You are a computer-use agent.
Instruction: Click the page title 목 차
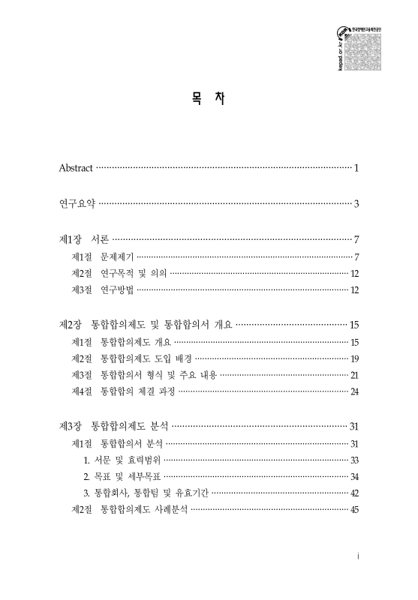(209, 98)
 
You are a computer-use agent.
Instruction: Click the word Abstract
(76, 166)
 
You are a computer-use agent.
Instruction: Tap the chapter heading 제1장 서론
(83, 240)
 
